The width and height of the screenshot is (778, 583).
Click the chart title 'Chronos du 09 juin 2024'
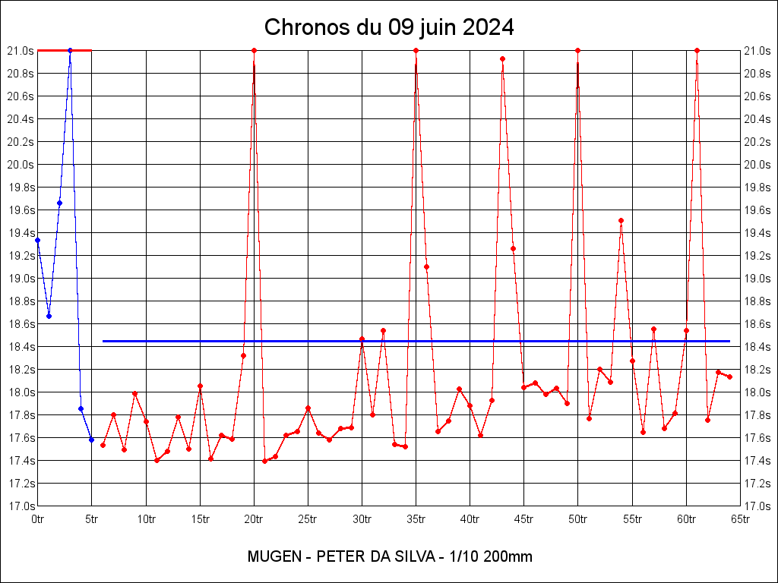(x=389, y=27)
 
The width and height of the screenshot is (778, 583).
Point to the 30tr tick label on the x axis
(x=362, y=519)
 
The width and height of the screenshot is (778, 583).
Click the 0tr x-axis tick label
(x=38, y=519)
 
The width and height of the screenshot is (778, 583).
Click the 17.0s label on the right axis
(x=757, y=506)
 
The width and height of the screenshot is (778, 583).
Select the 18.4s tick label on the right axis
(x=757, y=347)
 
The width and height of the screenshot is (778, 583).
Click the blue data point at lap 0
(x=38, y=240)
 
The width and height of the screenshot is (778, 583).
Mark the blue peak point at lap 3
(x=70, y=50)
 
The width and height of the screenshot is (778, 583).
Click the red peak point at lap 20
(x=254, y=50)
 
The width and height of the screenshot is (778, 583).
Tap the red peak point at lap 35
(x=416, y=50)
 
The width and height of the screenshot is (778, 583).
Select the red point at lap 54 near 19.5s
(x=621, y=221)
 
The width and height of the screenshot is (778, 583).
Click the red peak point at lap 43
(x=502, y=58)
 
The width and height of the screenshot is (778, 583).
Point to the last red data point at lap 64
(x=729, y=377)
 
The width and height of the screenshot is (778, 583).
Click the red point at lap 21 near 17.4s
(x=264, y=461)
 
